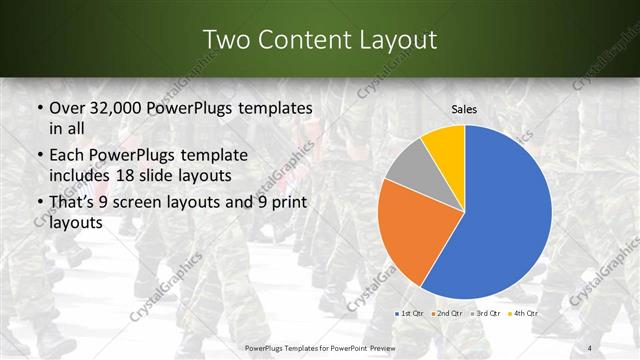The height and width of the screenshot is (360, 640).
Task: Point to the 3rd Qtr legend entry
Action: point(487,313)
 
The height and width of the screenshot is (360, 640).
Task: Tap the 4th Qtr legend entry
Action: point(524,313)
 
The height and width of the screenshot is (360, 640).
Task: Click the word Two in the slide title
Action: point(225,40)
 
